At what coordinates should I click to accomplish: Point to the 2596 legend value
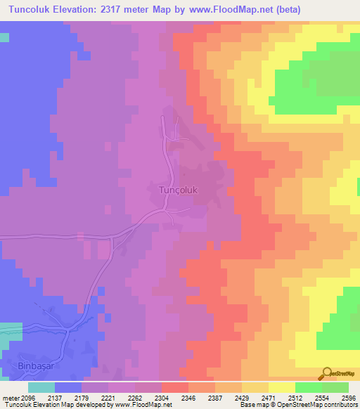[x=348, y=397]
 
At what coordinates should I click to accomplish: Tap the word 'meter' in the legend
[x=9, y=397]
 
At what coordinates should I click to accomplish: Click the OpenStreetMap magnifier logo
[x=328, y=374]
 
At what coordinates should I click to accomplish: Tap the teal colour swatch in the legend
[x=41, y=387]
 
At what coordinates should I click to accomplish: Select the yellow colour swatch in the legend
[x=281, y=387]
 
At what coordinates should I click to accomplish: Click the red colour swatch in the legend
[x=174, y=387]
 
